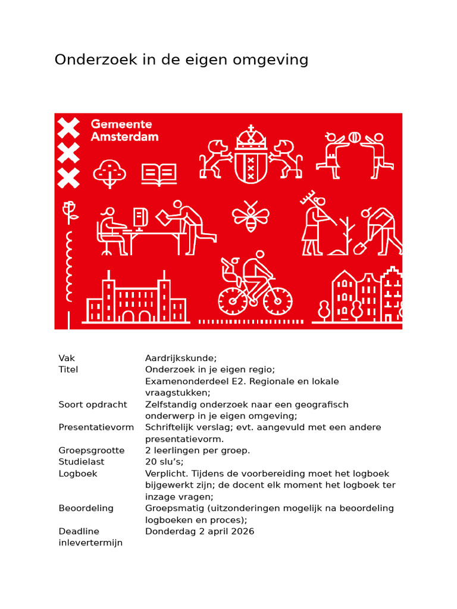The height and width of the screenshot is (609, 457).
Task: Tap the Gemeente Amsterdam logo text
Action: tap(124, 130)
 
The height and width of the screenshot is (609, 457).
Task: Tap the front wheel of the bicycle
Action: tap(277, 301)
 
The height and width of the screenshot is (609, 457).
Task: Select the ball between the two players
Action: tap(354, 137)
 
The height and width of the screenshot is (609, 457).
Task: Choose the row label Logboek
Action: tap(78, 473)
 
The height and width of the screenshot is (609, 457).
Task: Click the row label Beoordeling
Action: tap(86, 508)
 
